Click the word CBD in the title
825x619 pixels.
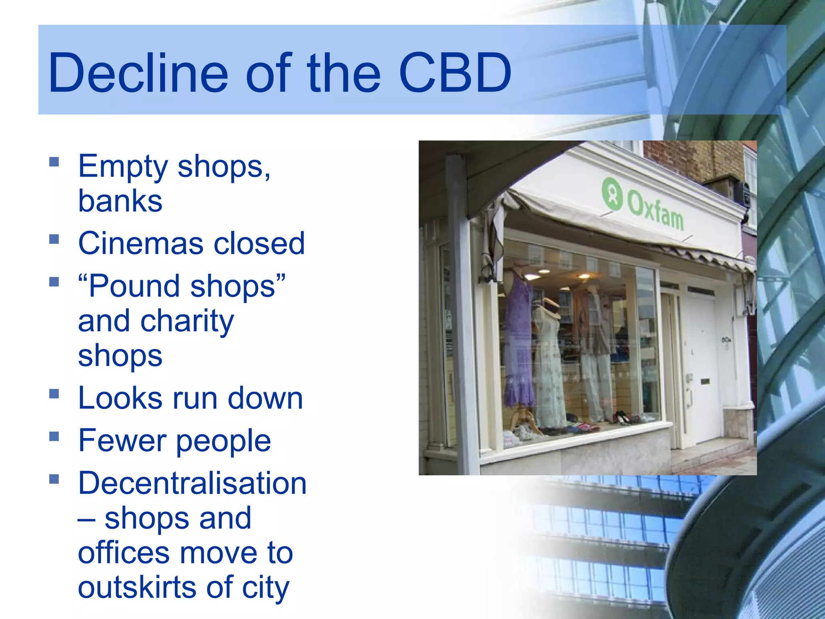point(455,73)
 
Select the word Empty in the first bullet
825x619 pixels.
point(123,167)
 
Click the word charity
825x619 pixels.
point(187,322)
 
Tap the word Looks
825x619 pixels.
point(120,398)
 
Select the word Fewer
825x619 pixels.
point(123,440)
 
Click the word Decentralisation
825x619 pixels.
point(192,483)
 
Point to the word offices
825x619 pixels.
point(124,553)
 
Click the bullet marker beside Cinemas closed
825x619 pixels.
point(54,239)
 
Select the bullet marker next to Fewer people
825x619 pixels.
point(54,436)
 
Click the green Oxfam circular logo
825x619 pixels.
point(612,194)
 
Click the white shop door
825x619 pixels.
point(703,371)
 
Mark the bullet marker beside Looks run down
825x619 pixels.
point(54,394)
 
